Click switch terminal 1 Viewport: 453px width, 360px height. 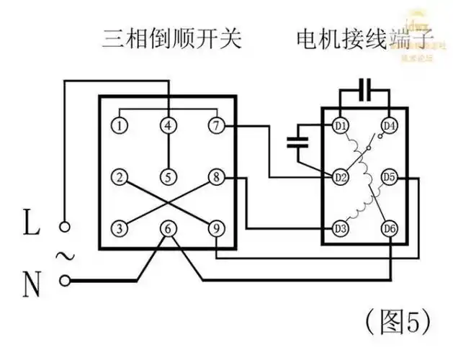click(x=120, y=125)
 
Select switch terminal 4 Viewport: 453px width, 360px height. click(x=168, y=125)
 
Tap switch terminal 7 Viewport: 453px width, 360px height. click(x=215, y=125)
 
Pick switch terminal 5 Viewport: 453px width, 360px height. click(x=168, y=176)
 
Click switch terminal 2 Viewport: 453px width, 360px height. click(x=120, y=176)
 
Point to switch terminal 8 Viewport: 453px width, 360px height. click(x=215, y=176)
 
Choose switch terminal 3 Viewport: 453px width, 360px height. click(x=120, y=228)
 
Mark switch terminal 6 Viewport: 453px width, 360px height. click(x=168, y=228)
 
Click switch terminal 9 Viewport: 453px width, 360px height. click(x=215, y=228)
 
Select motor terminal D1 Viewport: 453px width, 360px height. click(x=341, y=126)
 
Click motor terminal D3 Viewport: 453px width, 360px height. click(x=341, y=228)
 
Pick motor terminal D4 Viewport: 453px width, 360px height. click(x=390, y=126)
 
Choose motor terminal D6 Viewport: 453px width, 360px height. click(x=390, y=228)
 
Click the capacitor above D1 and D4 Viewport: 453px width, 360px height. click(x=366, y=92)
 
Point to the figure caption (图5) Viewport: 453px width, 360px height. click(x=398, y=318)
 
